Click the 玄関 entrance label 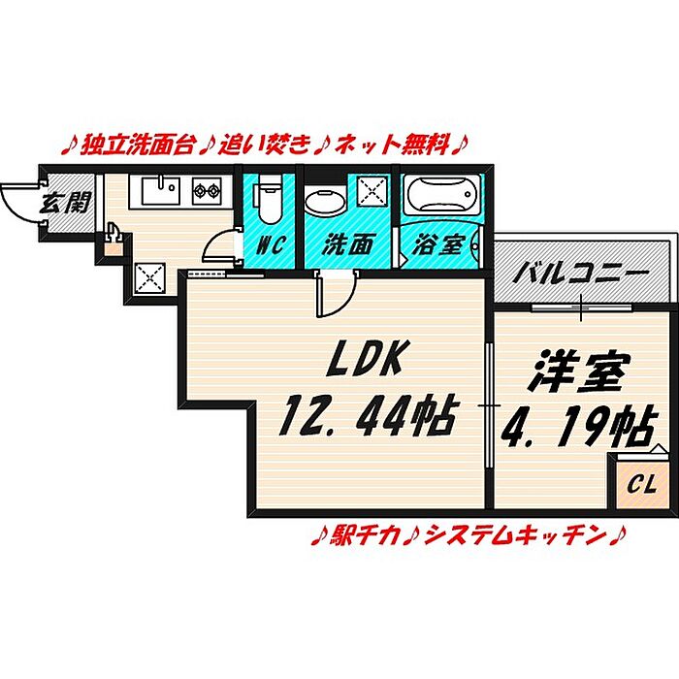tap(65, 202)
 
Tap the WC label tap(270, 245)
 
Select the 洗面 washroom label tap(347, 245)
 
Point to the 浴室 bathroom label tap(438, 245)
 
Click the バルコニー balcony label tap(581, 274)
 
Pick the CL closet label tap(642, 485)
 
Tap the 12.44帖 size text tap(368, 416)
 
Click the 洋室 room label tap(581, 372)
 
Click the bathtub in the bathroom tap(442, 194)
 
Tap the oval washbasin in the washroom tap(325, 202)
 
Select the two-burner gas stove tap(207, 190)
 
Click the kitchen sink tap(161, 190)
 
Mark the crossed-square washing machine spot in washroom tap(372, 192)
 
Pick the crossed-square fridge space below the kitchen tap(149, 278)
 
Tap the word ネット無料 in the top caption tap(392, 145)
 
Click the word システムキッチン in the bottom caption tap(514, 536)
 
